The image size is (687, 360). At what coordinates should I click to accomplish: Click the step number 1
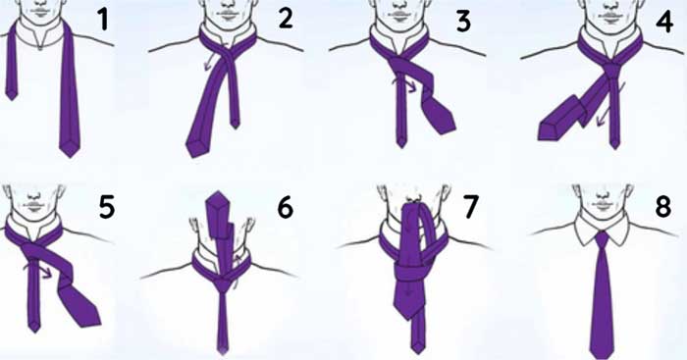(x=103, y=21)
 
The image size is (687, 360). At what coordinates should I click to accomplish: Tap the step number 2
(x=286, y=20)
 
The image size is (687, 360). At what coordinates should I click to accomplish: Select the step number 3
(x=463, y=22)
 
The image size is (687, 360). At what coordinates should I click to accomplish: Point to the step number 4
(x=664, y=22)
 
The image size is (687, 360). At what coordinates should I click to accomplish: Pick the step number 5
(x=107, y=207)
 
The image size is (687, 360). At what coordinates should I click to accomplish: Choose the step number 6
(x=286, y=207)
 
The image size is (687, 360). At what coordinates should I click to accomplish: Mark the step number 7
(x=470, y=207)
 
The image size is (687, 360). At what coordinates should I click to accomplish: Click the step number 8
(x=662, y=207)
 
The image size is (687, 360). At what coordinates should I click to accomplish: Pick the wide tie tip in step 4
(x=549, y=131)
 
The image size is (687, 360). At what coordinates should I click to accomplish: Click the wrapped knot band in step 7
(x=409, y=275)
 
